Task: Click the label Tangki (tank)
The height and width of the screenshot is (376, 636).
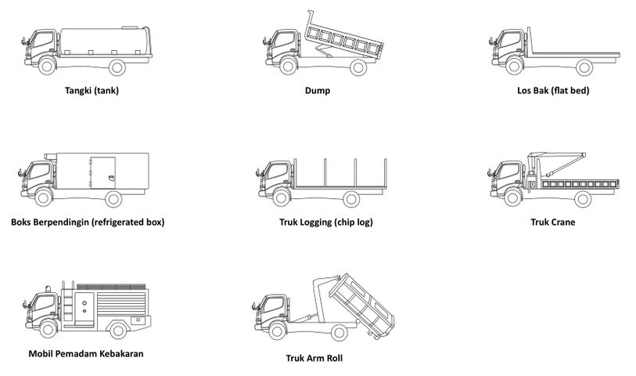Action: [x=92, y=90]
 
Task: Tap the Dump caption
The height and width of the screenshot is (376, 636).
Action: [x=318, y=90]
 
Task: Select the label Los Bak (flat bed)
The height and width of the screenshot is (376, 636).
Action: [x=553, y=90]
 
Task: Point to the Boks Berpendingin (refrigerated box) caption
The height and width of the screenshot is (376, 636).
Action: [x=88, y=222]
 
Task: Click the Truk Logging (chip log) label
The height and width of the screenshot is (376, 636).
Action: [x=325, y=222]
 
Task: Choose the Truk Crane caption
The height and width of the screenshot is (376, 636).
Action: [x=552, y=222]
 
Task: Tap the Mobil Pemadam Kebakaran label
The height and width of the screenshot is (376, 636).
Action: [x=85, y=353]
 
